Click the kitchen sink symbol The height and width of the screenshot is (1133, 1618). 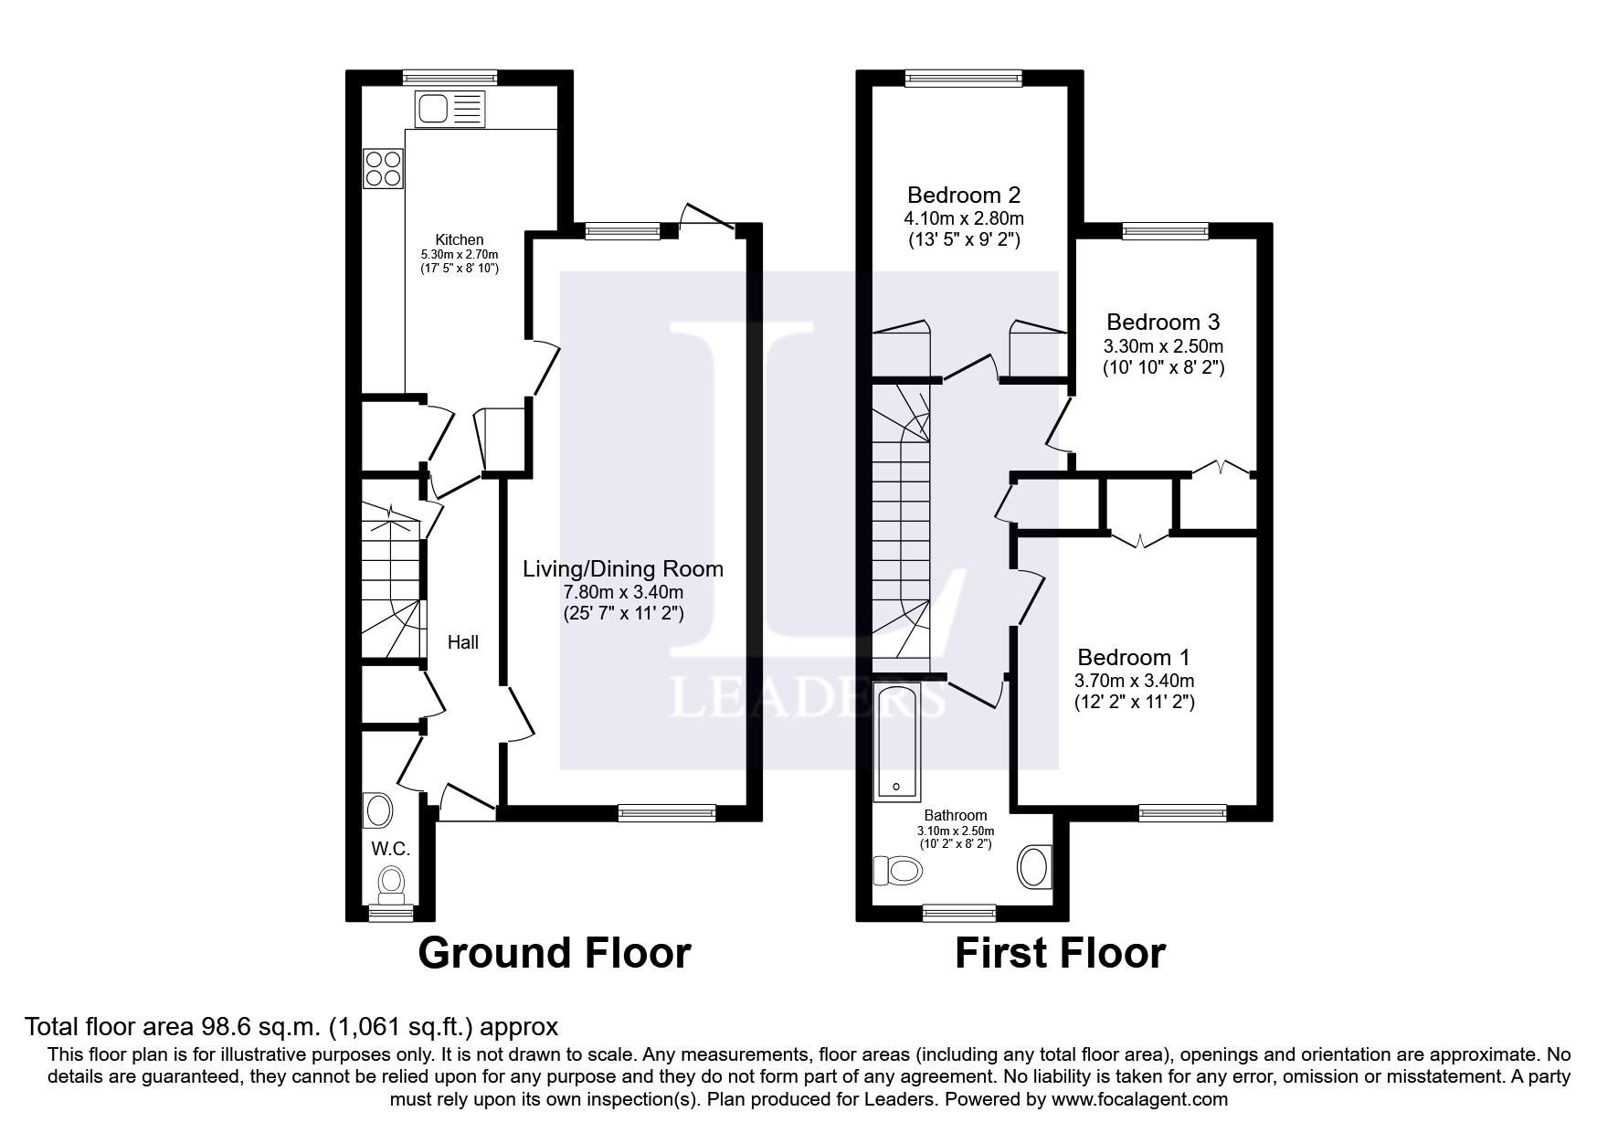450,110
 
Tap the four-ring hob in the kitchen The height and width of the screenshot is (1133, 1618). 384,168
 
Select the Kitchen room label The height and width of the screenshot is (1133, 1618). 459,239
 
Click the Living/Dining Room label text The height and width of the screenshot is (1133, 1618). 623,568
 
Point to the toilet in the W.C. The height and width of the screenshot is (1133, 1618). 392,882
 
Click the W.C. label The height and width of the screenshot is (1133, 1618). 390,849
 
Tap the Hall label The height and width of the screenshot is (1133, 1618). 462,642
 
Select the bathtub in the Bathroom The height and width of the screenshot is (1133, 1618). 896,741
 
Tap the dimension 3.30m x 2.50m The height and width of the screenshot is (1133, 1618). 1163,346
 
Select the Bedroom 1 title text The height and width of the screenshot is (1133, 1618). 1133,657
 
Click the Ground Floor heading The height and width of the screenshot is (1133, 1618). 554,953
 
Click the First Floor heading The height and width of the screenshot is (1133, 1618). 1060,953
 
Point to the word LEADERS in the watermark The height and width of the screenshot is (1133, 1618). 809,699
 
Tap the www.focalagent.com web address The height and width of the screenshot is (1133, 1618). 1139,1099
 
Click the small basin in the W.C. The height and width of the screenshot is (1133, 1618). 378,810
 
